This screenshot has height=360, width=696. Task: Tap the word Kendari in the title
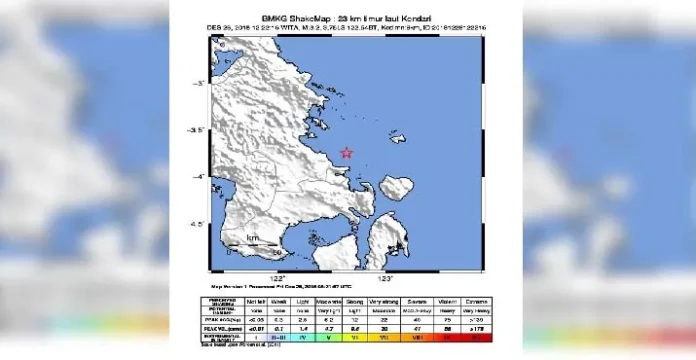click(409, 18)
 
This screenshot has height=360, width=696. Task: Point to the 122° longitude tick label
click(277, 277)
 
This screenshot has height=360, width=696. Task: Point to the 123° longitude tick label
click(385, 277)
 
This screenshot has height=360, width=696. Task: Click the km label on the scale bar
click(253, 238)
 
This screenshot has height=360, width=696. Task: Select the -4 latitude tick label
click(199, 177)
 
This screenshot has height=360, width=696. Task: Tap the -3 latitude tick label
click(199, 83)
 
